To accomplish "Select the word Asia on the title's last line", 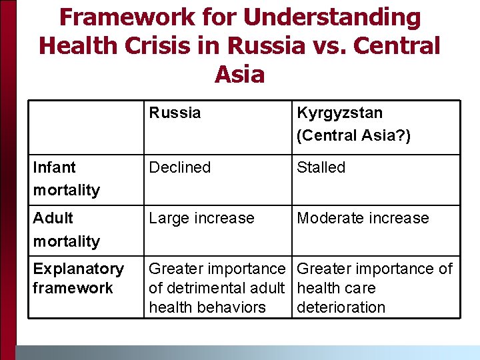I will [239, 74].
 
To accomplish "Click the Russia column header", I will [175, 113].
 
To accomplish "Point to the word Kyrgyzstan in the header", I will [339, 113].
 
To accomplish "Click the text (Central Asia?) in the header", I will [353, 135].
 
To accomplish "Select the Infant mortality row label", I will [66, 179].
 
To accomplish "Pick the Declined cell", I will [179, 167].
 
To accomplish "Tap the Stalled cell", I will [321, 167].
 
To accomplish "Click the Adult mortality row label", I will [66, 229].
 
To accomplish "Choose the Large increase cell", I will [201, 218].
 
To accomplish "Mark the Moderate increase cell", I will [363, 218].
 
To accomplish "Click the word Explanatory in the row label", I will [78, 269].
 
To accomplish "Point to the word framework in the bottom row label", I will [72, 288].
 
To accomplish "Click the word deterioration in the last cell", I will [341, 307].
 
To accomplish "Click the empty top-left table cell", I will [86, 127].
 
